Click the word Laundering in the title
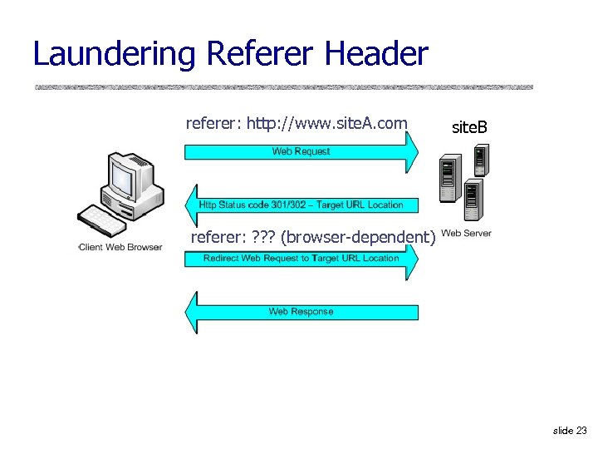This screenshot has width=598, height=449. tap(115, 54)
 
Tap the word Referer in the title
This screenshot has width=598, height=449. tap(262, 54)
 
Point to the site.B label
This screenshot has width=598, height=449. tap(469, 127)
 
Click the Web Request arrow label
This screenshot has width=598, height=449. tap(301, 151)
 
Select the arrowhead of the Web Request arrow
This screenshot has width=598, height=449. tap(412, 151)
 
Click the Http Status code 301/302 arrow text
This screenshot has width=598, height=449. tap(301, 205)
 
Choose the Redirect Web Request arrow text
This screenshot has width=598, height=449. tap(301, 258)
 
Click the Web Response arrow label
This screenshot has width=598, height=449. tap(301, 312)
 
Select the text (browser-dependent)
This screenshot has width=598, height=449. tap(357, 237)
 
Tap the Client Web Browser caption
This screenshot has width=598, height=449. tap(120, 247)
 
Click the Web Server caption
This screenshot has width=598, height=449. tap(467, 234)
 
